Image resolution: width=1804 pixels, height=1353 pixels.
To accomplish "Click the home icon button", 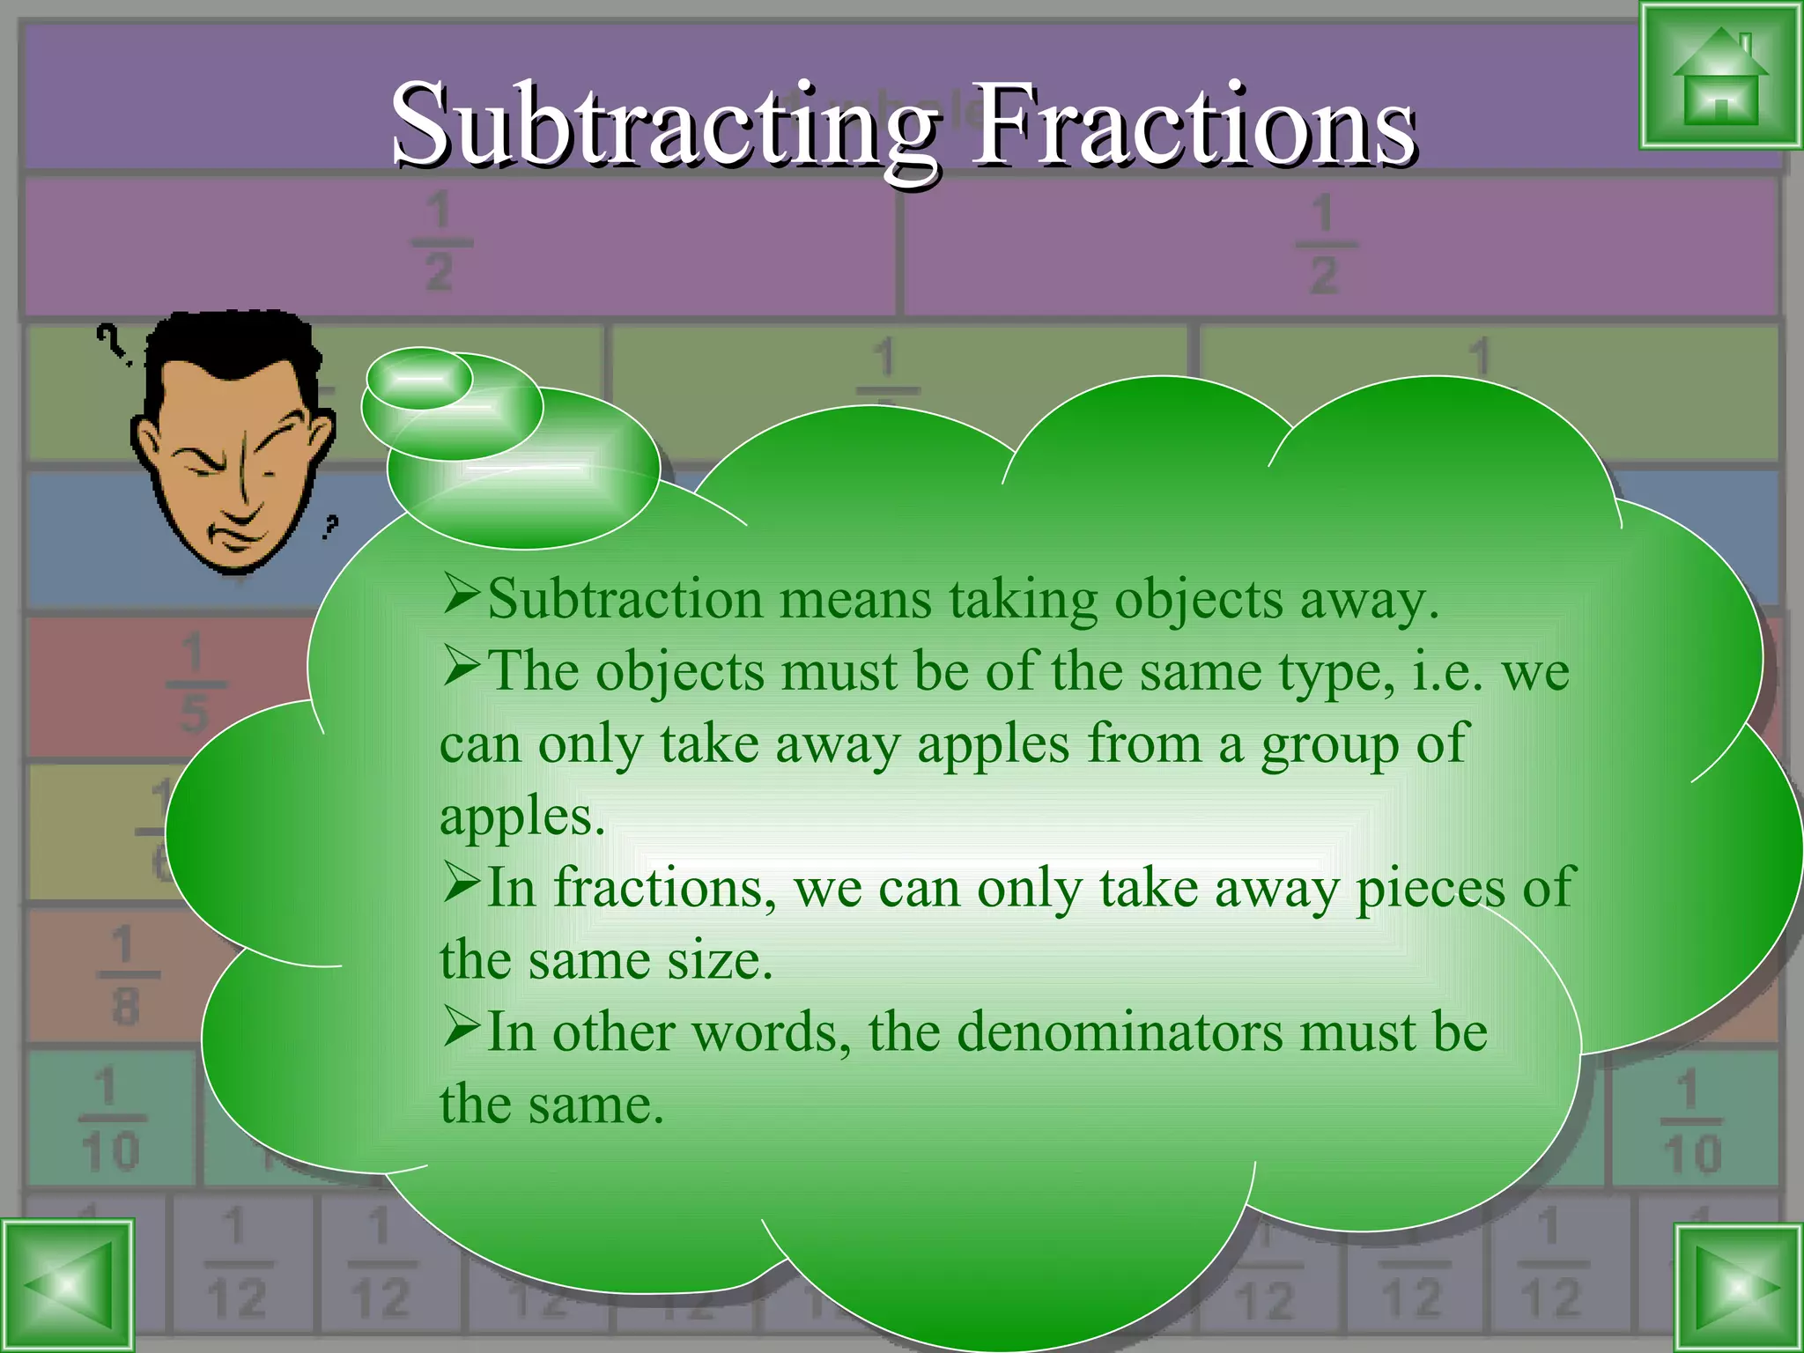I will pos(1719,77).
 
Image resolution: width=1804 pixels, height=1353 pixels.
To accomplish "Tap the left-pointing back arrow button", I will pos(68,1285).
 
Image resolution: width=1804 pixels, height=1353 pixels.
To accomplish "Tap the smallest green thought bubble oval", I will pos(419,378).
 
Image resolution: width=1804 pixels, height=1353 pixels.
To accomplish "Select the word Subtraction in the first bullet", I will pos(625,600).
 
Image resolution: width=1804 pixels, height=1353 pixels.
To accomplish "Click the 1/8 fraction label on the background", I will pos(124,975).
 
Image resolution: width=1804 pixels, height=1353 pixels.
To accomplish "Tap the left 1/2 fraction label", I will pos(439,242).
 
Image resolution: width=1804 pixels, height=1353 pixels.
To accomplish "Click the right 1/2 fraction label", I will pos(1323,244).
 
